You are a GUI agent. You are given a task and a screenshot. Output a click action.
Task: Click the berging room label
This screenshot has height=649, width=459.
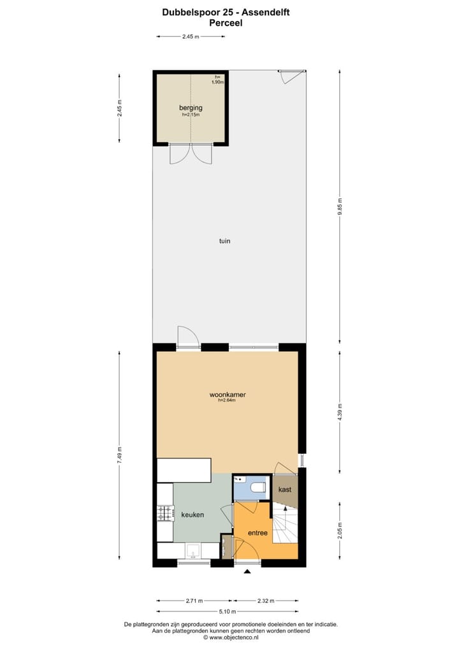click(x=191, y=108)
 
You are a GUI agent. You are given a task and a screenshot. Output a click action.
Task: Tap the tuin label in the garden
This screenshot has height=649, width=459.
click(x=224, y=241)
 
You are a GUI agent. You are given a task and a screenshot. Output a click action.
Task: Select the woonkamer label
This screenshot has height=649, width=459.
click(x=228, y=395)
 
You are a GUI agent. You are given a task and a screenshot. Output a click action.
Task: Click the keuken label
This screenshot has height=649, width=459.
click(x=193, y=514)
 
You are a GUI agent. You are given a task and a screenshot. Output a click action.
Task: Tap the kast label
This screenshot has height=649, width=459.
click(x=285, y=489)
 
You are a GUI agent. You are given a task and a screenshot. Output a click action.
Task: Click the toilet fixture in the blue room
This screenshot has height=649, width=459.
click(x=258, y=488)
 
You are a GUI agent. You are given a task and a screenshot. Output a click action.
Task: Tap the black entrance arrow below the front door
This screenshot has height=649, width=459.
click(x=247, y=572)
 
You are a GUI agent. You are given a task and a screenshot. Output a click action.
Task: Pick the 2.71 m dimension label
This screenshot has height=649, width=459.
click(x=194, y=601)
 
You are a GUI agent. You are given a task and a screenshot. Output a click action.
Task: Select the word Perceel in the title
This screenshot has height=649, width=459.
click(x=226, y=22)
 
